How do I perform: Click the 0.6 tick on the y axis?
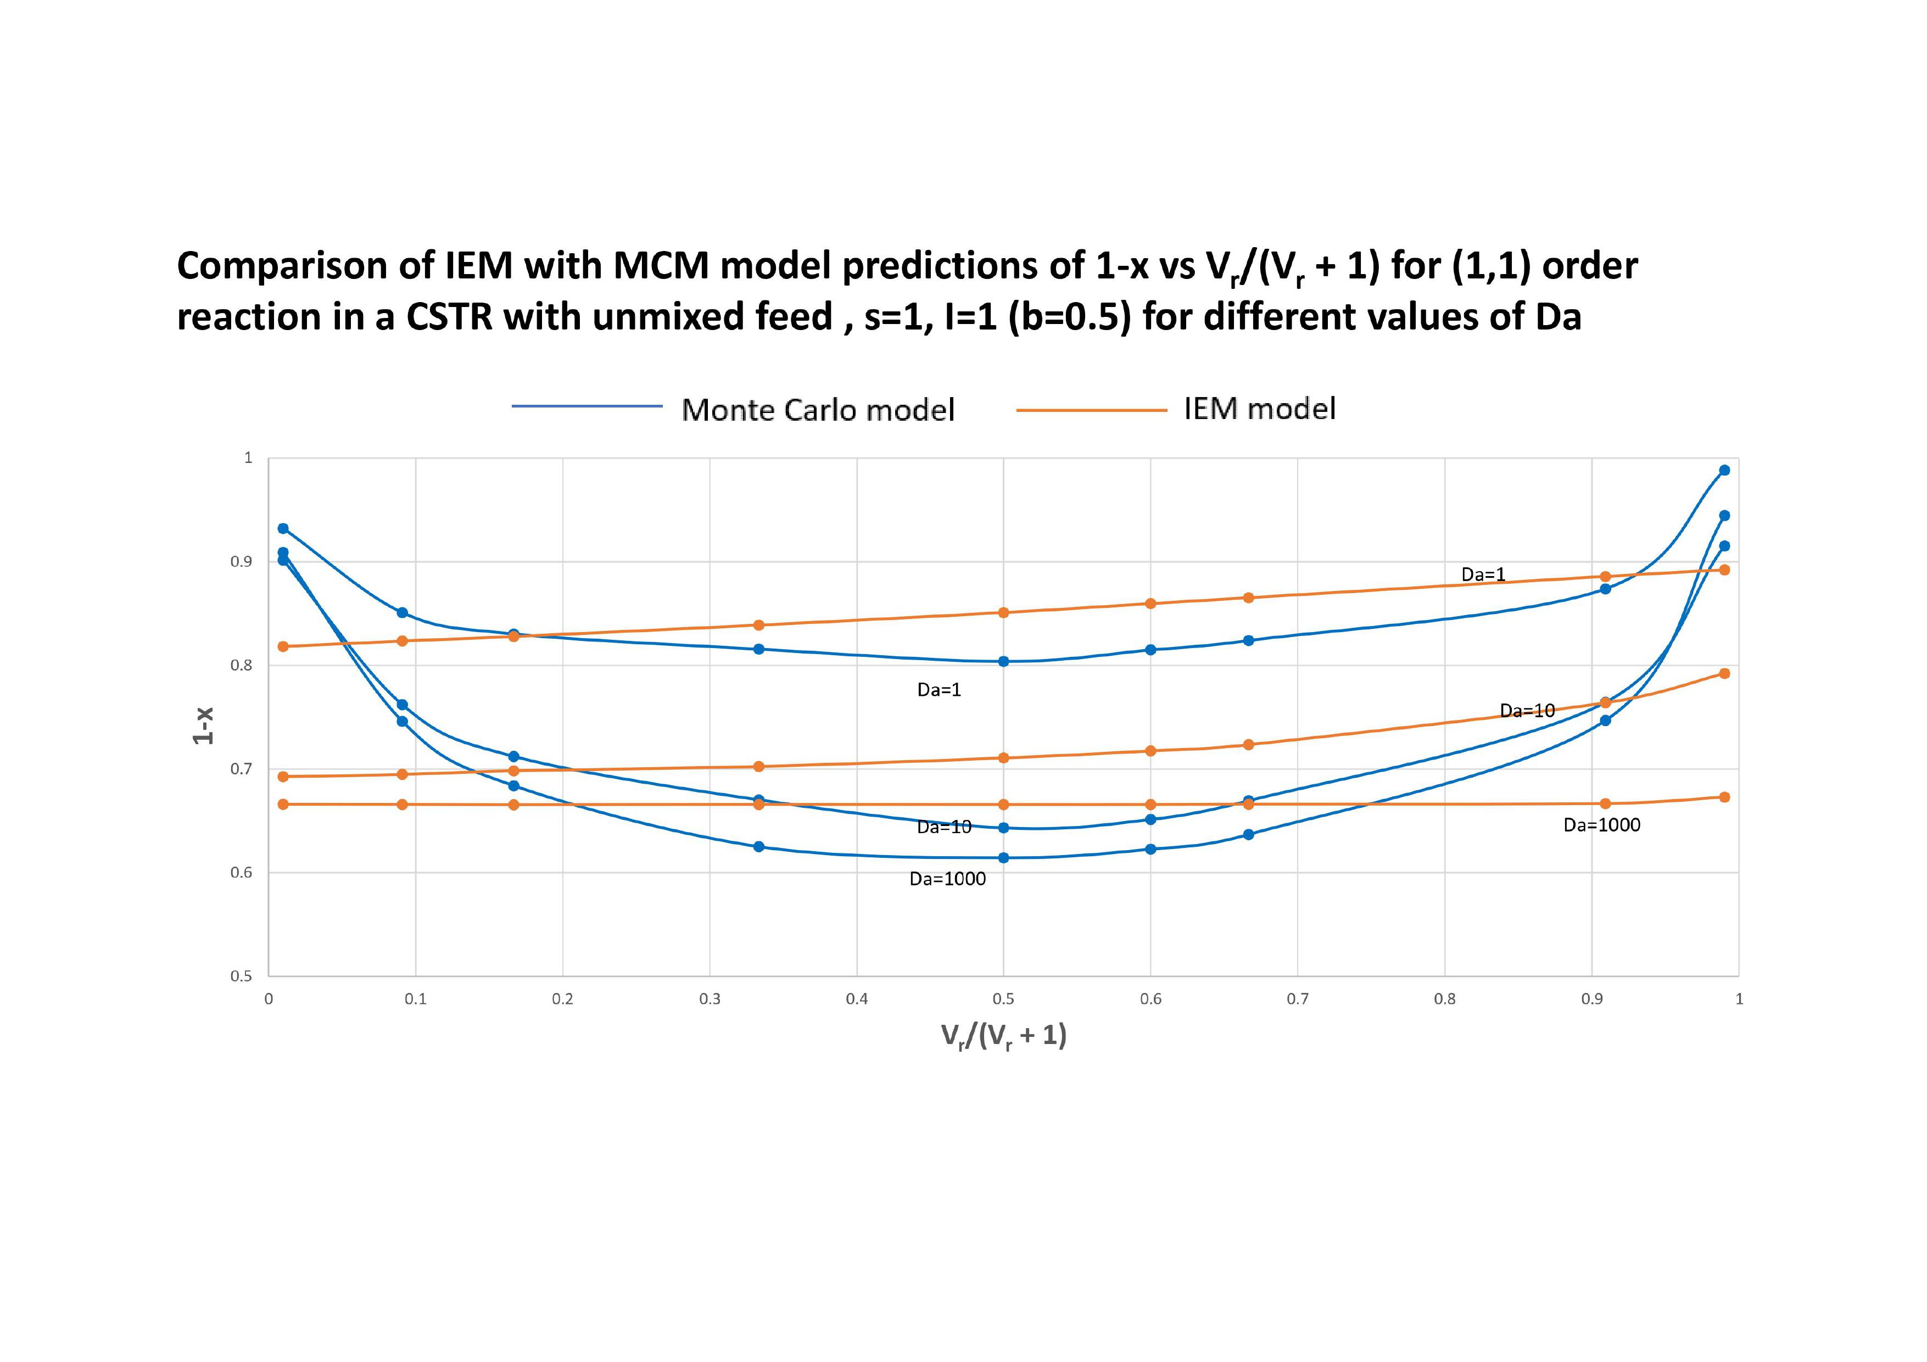(x=242, y=873)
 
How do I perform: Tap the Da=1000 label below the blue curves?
(x=947, y=879)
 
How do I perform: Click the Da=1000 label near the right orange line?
(x=1601, y=825)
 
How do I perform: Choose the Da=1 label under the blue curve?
(x=939, y=690)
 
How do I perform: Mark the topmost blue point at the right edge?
(x=1724, y=470)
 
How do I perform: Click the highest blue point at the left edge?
(x=283, y=529)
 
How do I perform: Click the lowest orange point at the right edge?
(x=1724, y=797)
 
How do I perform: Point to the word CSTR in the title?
(x=448, y=317)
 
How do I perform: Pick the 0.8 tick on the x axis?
(x=1444, y=998)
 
